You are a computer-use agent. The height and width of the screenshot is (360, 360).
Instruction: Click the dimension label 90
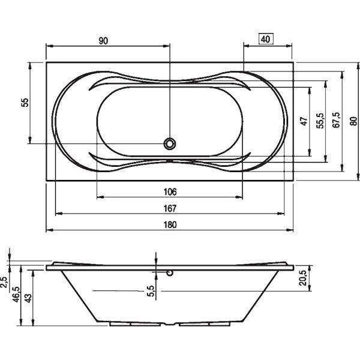tap(103, 40)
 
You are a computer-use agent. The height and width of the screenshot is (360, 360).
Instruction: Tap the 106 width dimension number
tap(170, 192)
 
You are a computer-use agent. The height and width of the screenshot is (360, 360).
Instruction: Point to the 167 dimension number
tap(170, 208)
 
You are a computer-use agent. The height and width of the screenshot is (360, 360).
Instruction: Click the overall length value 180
tap(170, 225)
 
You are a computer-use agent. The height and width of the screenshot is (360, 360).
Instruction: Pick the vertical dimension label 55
tap(25, 103)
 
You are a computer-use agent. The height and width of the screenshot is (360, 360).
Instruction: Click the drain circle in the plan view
tap(170, 143)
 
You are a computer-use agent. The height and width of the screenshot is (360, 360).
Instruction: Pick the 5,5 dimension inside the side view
tap(151, 291)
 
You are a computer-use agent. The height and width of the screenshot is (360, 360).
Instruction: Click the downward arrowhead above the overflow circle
tap(156, 266)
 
